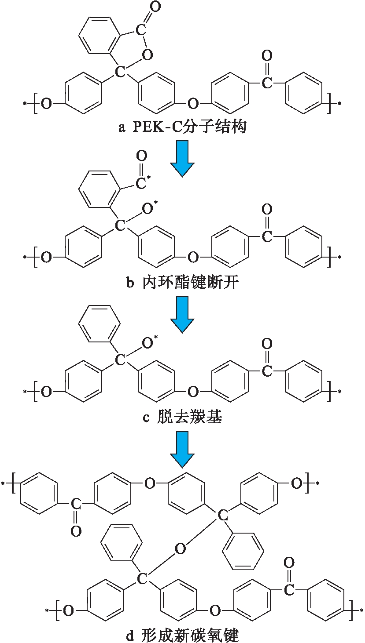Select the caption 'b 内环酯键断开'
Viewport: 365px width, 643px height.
click(x=182, y=282)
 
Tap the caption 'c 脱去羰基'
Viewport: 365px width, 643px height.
click(x=182, y=417)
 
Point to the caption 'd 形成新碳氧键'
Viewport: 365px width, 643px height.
click(x=182, y=635)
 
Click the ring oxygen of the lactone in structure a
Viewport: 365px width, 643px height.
click(x=147, y=55)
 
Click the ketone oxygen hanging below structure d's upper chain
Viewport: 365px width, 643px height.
click(x=76, y=531)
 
